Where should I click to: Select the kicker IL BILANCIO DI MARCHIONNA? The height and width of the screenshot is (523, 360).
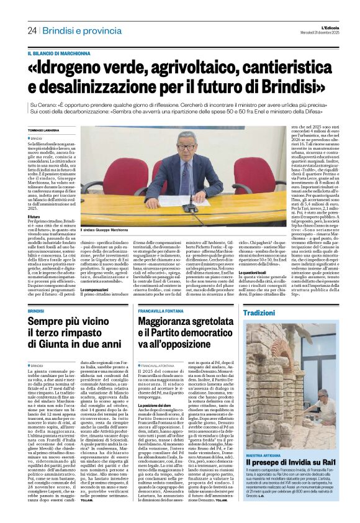pyautogui.click(x=64, y=53)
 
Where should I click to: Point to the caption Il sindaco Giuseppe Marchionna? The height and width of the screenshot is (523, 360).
pyautogui.click(x=111, y=230)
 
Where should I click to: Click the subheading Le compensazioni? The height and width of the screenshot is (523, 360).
pyautogui.click(x=95, y=289)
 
